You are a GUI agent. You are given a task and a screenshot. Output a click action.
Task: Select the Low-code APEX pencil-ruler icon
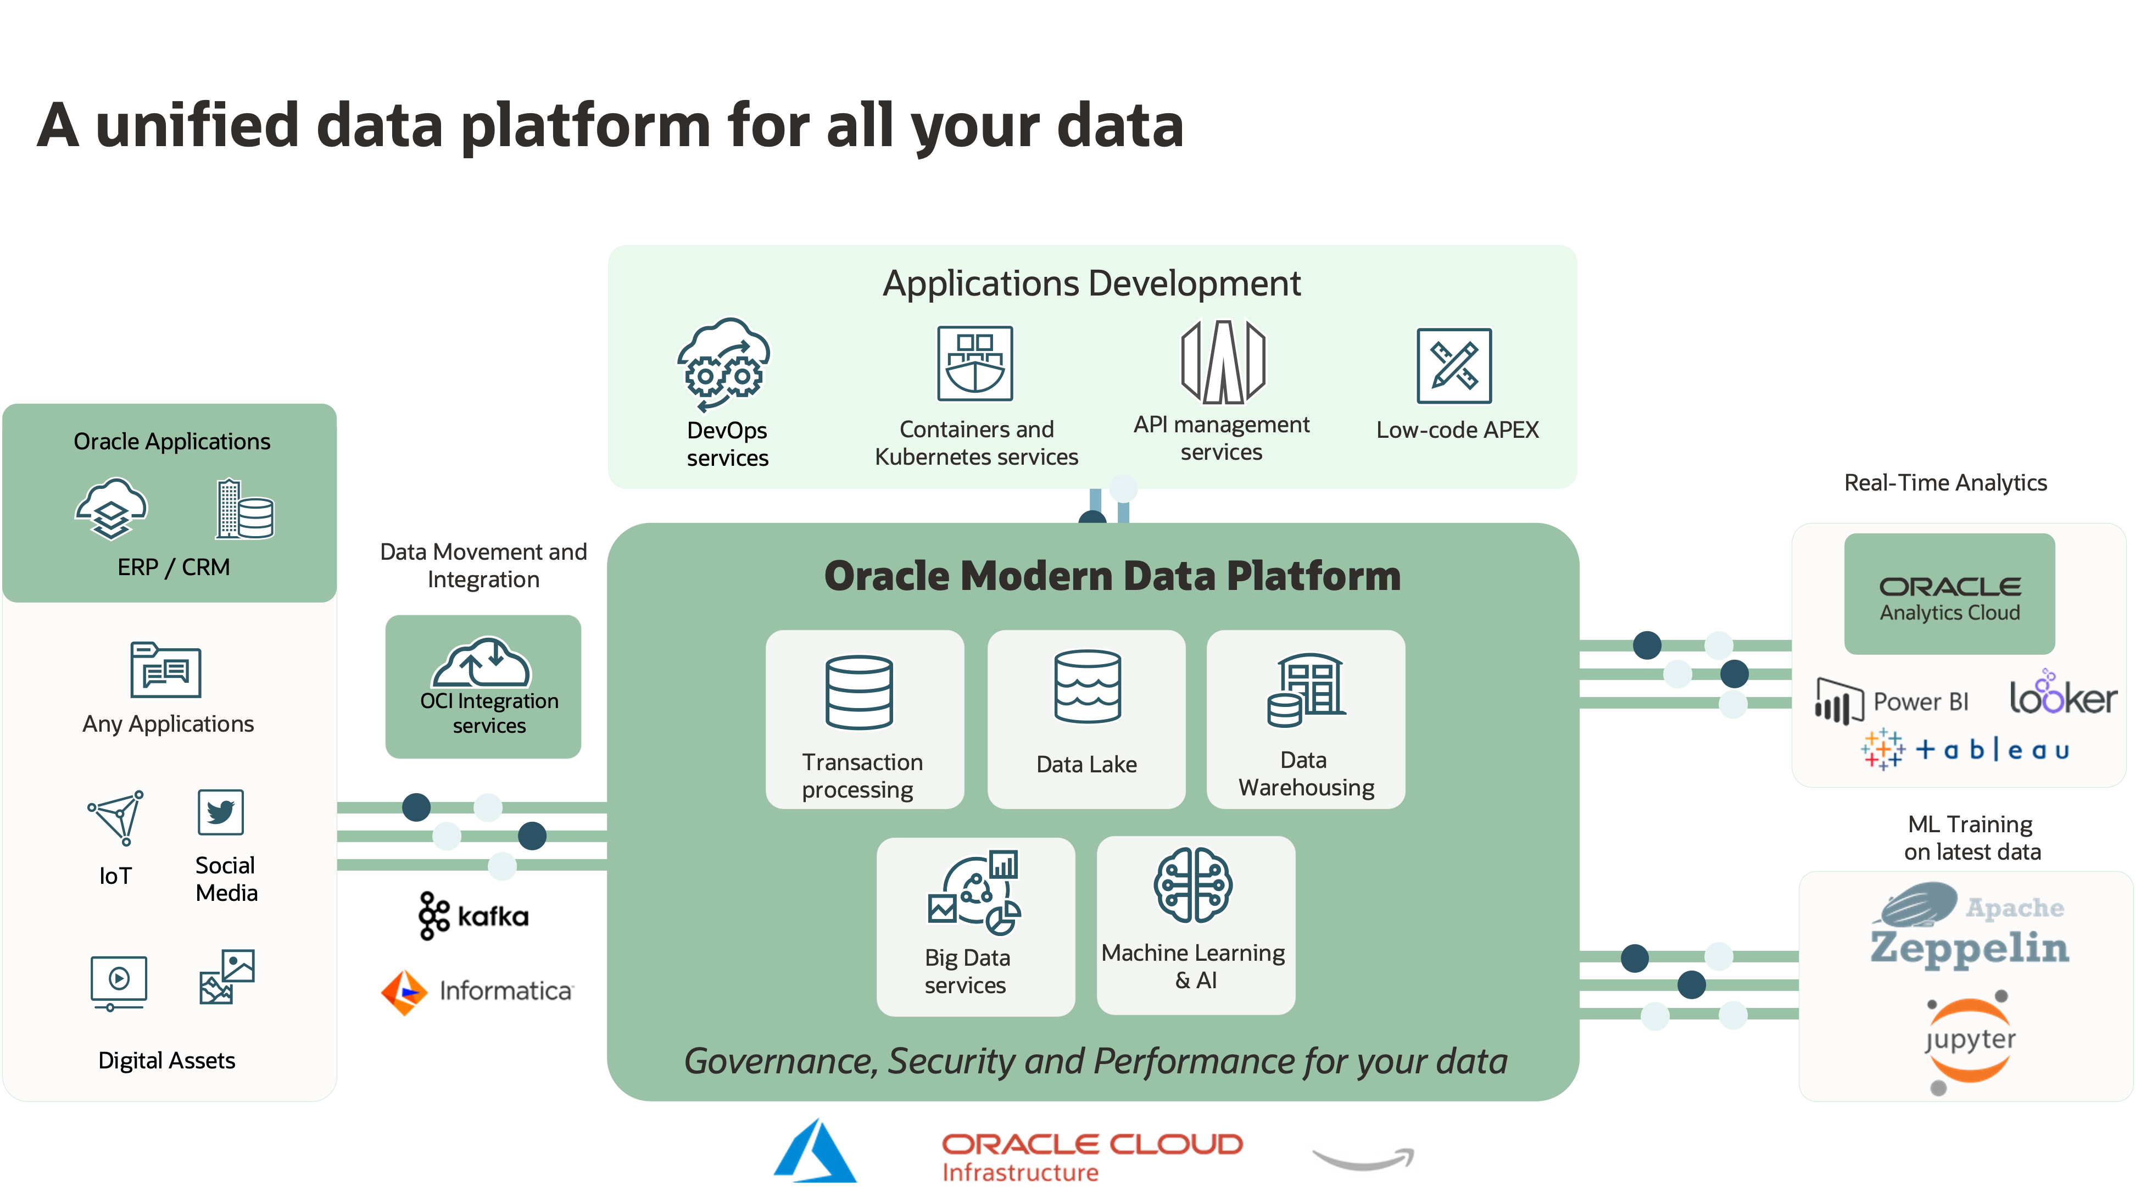pos(1453,365)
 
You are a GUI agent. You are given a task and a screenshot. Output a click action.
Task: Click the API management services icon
pos(1222,362)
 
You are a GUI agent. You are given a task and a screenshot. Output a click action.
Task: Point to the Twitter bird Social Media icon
pos(221,811)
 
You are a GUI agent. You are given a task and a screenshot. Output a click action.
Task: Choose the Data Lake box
pos(1086,719)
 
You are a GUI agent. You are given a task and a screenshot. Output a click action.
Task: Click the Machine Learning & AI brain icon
pos(1193,885)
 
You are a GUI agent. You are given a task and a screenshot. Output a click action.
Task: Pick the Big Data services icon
pos(974,892)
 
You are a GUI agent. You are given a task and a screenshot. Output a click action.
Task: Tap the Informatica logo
pos(476,992)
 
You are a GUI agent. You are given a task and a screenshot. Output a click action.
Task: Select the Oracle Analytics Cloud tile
pos(1949,594)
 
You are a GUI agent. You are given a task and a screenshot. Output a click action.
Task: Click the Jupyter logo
pos(1970,1040)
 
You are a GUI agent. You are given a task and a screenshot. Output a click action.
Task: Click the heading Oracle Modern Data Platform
pos(1112,576)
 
